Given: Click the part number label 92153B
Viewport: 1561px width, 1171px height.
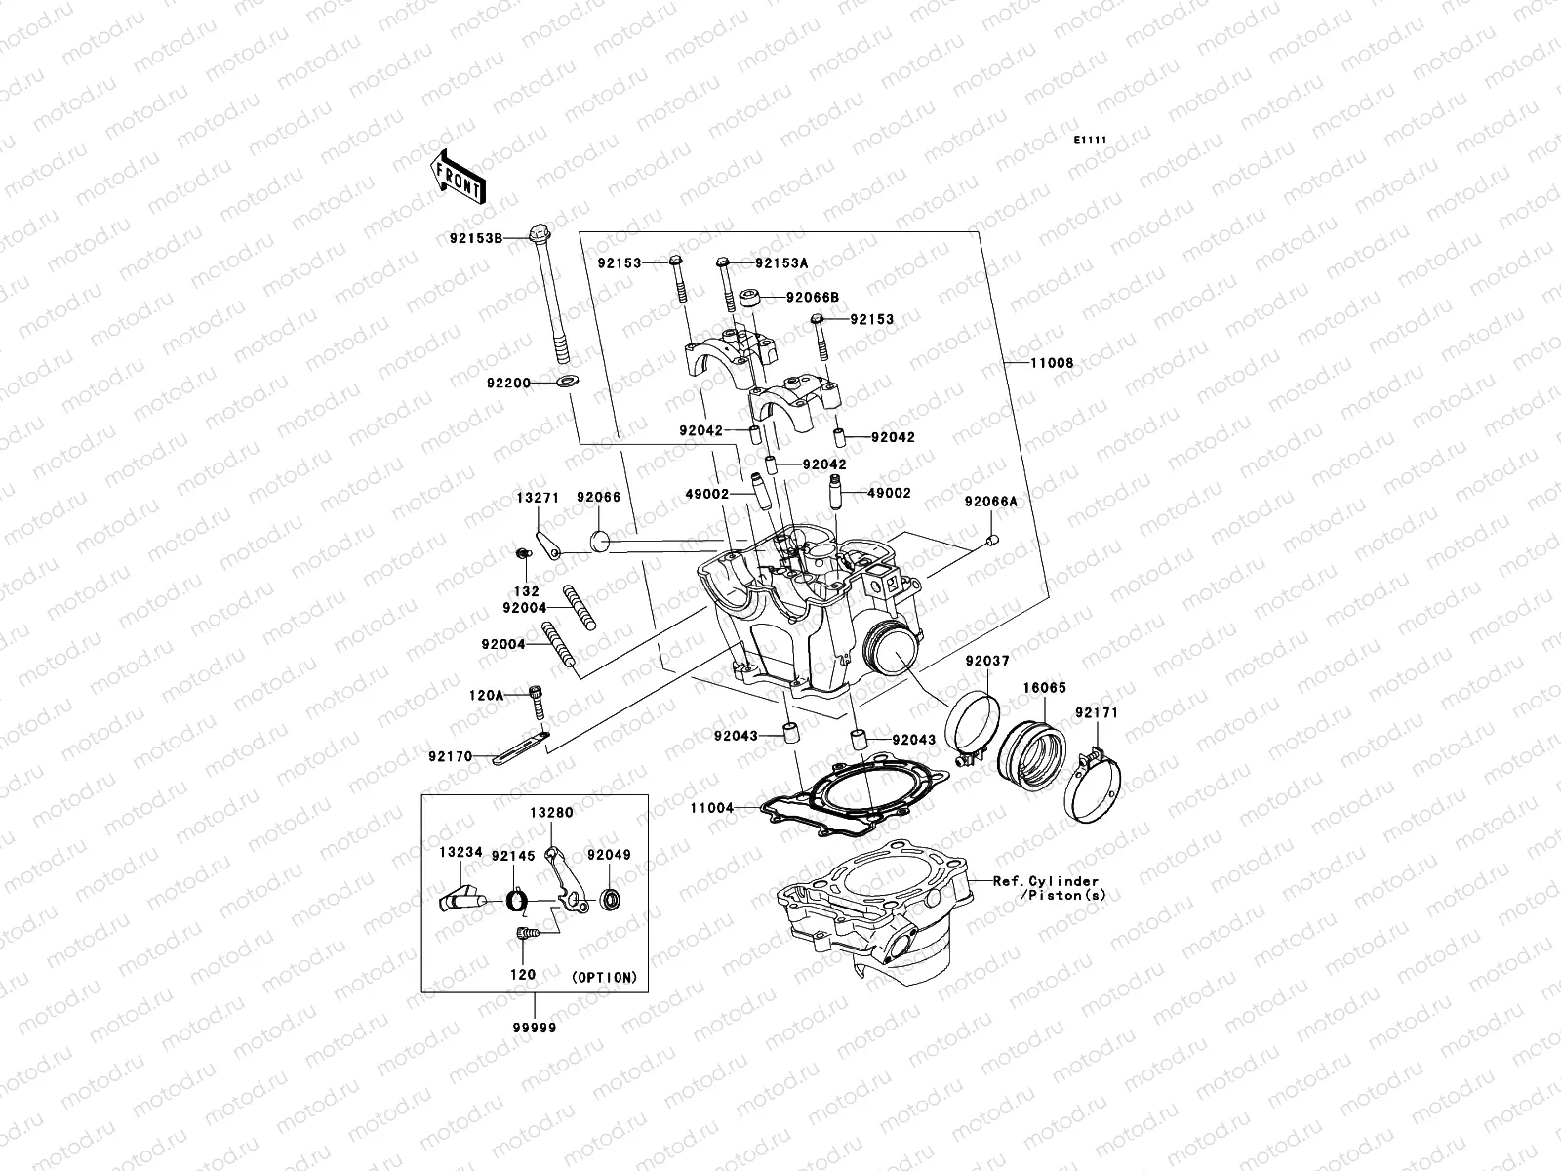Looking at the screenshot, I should [503, 237].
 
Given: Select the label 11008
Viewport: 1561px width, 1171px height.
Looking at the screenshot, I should [1052, 363].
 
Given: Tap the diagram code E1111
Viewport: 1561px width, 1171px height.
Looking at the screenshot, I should [1090, 141].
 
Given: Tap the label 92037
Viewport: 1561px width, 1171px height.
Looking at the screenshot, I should [987, 661].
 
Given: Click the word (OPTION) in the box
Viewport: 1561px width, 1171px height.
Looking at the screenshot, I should [604, 976].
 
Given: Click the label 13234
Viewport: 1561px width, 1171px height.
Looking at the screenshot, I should [460, 852].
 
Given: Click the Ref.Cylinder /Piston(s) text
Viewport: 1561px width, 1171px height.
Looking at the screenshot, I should [1049, 887].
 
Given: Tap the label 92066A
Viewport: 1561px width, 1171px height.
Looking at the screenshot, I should [990, 502].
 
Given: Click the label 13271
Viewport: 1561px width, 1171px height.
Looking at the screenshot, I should [537, 498].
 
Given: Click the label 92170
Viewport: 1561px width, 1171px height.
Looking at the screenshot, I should [450, 756].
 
